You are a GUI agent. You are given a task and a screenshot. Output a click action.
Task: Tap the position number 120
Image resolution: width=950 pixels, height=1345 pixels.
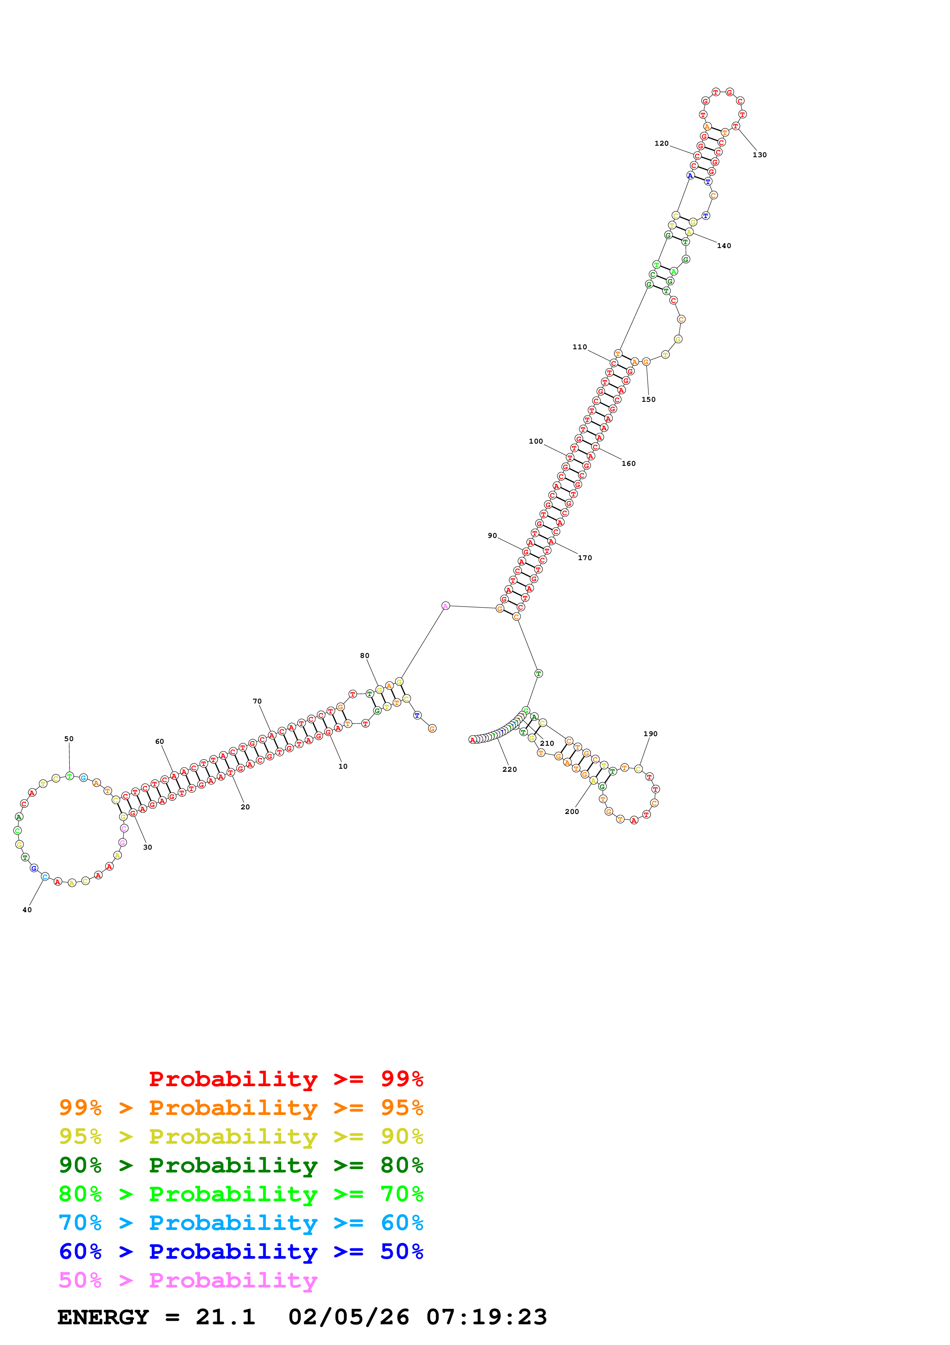661,143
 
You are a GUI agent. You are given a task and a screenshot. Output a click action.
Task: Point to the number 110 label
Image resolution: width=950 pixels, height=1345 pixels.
579,347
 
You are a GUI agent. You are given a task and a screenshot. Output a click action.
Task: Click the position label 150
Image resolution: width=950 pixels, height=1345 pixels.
648,400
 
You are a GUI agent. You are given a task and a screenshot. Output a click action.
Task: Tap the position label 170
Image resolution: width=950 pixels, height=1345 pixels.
585,558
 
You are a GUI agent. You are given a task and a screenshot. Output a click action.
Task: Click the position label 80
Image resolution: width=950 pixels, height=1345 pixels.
365,656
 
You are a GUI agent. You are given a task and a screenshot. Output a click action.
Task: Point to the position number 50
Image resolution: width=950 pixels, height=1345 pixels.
69,739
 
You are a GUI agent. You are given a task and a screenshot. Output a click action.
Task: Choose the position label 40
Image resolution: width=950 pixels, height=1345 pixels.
27,910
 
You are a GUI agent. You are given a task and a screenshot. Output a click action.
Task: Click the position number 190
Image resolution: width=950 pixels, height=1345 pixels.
650,734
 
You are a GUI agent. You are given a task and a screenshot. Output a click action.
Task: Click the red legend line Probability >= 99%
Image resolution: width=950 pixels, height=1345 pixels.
285,1079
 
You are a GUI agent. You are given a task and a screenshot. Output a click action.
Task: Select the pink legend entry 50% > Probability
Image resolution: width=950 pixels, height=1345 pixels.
188,1281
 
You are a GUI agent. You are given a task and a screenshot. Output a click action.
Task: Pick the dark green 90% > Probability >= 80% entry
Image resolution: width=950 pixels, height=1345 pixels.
241,1165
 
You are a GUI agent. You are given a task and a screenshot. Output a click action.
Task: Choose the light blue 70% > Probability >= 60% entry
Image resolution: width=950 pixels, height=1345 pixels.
241,1223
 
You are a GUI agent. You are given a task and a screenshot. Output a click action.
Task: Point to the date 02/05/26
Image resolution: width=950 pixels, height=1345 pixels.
349,1317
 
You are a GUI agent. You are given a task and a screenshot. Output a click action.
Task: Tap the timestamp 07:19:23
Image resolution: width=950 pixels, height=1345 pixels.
486,1317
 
